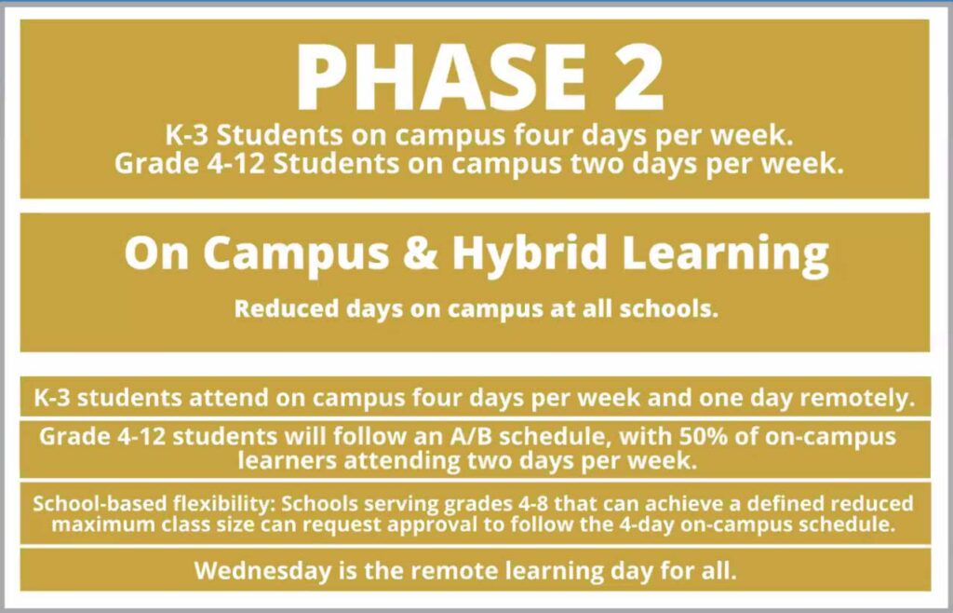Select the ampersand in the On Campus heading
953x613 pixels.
(x=420, y=252)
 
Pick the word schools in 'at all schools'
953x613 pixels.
(x=668, y=309)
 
